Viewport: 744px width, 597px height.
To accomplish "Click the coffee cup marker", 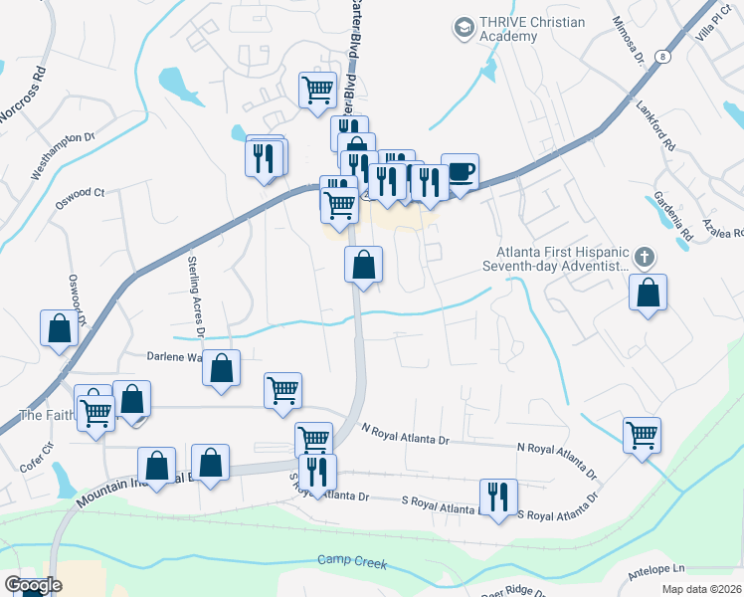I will tap(460, 171).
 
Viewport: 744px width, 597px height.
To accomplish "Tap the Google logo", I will tap(33, 585).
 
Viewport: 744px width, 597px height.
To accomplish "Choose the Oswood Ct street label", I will tap(80, 193).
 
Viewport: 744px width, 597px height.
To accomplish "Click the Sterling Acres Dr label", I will tap(195, 290).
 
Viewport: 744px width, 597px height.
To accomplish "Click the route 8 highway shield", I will tap(662, 57).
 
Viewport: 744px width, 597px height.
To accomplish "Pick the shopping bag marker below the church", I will tap(648, 293).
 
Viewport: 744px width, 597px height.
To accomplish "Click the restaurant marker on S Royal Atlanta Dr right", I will tap(497, 497).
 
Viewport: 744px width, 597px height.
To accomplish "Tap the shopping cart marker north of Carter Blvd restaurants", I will tap(317, 90).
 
